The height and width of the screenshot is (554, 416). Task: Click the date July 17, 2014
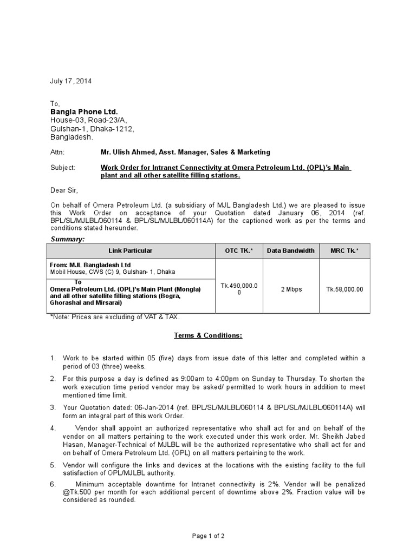(x=71, y=82)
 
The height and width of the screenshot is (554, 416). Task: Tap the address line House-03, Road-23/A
(x=89, y=121)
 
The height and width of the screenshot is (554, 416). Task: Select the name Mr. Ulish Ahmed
(x=128, y=153)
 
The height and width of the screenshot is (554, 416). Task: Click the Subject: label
(x=63, y=168)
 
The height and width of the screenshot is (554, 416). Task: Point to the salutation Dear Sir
(x=64, y=190)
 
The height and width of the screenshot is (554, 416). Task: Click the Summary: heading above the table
(x=68, y=239)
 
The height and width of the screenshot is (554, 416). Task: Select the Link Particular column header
(x=131, y=251)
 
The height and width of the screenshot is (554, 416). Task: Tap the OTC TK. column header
(x=239, y=251)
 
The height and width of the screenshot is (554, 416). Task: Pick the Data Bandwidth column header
(x=291, y=251)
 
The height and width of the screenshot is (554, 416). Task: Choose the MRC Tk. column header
(x=344, y=251)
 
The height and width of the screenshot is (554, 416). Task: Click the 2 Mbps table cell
(x=291, y=289)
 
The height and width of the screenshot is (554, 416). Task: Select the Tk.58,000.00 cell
(x=344, y=289)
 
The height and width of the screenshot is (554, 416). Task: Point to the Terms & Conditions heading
(x=208, y=335)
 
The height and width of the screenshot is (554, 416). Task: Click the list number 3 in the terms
(x=53, y=407)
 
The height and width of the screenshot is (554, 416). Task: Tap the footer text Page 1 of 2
(x=209, y=536)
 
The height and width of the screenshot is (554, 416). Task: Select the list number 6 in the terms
(x=53, y=484)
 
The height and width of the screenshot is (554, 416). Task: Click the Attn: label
(x=57, y=153)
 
